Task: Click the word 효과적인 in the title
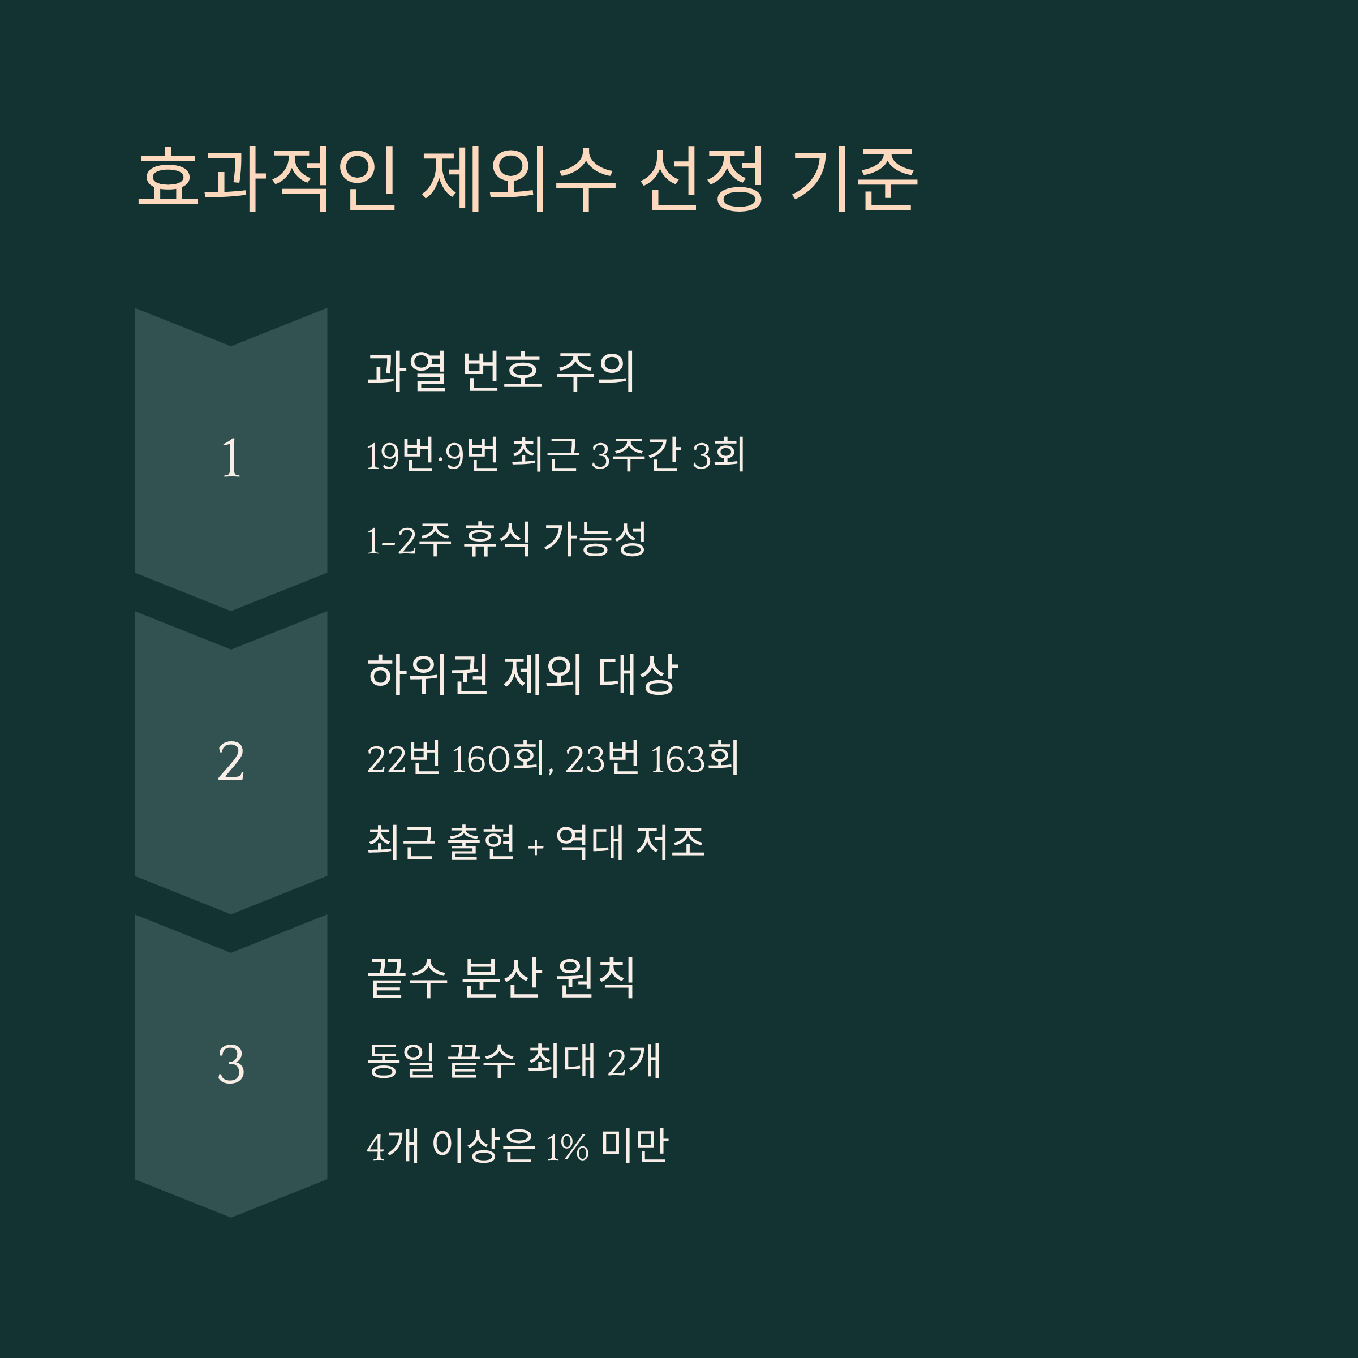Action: [268, 180]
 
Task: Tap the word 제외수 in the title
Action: [518, 180]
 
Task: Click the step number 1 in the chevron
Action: [231, 458]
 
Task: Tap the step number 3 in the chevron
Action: [231, 1065]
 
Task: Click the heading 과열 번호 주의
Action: [500, 371]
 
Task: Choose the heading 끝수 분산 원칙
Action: [500, 978]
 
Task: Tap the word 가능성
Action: [595, 540]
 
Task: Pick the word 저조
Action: [669, 842]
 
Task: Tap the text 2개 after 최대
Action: [633, 1062]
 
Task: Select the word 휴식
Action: [496, 540]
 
